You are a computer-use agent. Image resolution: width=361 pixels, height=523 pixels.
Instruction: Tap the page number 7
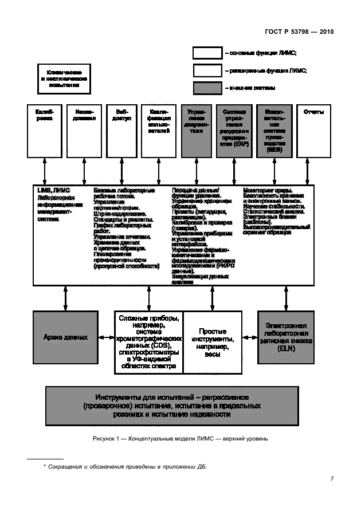(x=332, y=479)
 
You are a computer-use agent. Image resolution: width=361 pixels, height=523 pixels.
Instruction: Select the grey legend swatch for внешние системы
(x=207, y=88)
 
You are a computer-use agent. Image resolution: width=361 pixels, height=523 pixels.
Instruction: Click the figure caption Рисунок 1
(x=179, y=439)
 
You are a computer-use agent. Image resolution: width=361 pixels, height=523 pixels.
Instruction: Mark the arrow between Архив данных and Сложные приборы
(x=107, y=337)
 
